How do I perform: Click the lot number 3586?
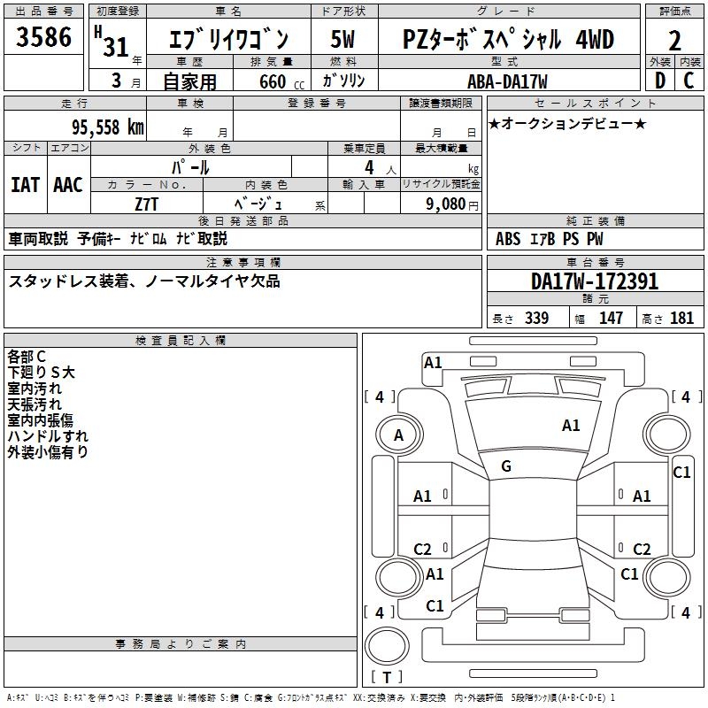(x=43, y=37)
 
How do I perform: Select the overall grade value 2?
(x=674, y=41)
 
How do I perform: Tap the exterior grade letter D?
(x=660, y=81)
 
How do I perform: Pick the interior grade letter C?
(x=689, y=81)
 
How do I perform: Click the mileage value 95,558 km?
(x=107, y=127)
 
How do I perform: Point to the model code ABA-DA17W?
(x=507, y=81)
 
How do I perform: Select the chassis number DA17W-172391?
(x=595, y=281)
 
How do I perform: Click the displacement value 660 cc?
(x=281, y=81)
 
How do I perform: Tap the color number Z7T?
(x=146, y=204)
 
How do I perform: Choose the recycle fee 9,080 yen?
(x=452, y=204)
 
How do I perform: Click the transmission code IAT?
(x=26, y=185)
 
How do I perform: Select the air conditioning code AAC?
(x=68, y=185)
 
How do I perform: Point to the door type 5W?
(x=342, y=39)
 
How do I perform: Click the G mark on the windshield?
(x=506, y=466)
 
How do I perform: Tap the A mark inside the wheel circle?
(x=398, y=435)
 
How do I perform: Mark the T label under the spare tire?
(x=387, y=677)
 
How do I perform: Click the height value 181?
(x=681, y=318)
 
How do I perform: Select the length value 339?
(x=536, y=318)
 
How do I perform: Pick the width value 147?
(x=611, y=318)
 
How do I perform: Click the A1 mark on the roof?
(x=571, y=426)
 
